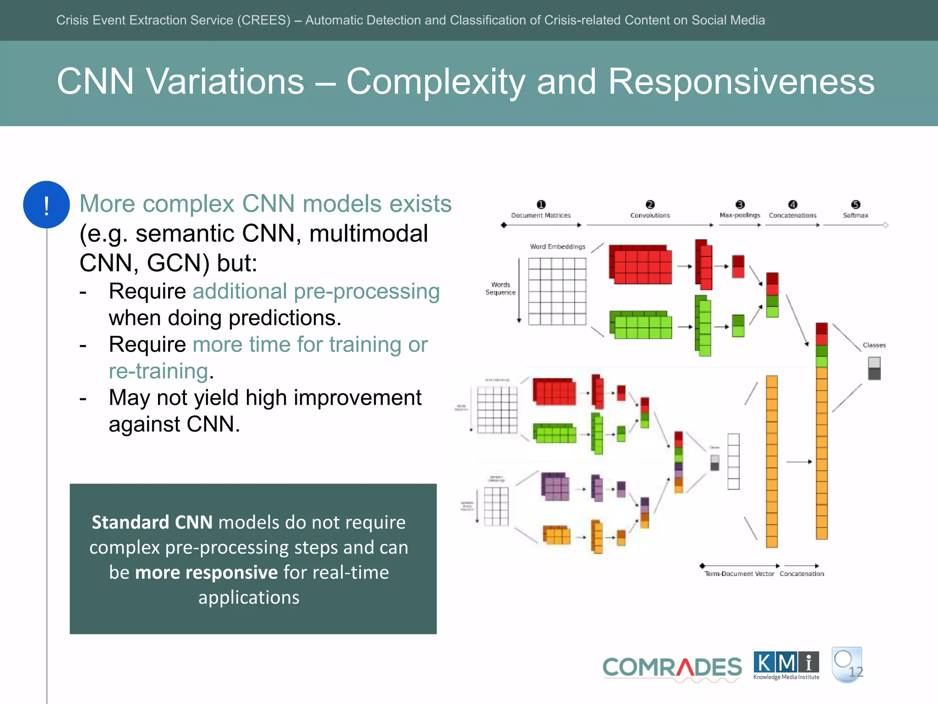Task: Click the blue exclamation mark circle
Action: [x=46, y=205]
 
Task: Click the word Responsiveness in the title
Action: [x=741, y=82]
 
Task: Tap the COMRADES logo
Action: [x=671, y=667]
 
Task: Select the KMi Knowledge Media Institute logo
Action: [x=786, y=665]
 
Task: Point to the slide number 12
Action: [x=856, y=672]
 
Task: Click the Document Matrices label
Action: [x=540, y=215]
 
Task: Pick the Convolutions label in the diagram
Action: [x=650, y=215]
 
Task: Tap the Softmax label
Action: [x=855, y=215]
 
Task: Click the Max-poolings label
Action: [x=739, y=215]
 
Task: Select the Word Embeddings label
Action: [x=557, y=247]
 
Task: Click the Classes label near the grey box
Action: [x=874, y=345]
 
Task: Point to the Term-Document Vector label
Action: [x=739, y=574]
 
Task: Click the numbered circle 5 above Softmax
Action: [x=856, y=204]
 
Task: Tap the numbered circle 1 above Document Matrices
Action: [x=541, y=204]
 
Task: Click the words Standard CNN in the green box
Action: [x=152, y=522]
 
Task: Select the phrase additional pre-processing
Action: [x=316, y=291]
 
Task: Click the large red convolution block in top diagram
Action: [x=640, y=265]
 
